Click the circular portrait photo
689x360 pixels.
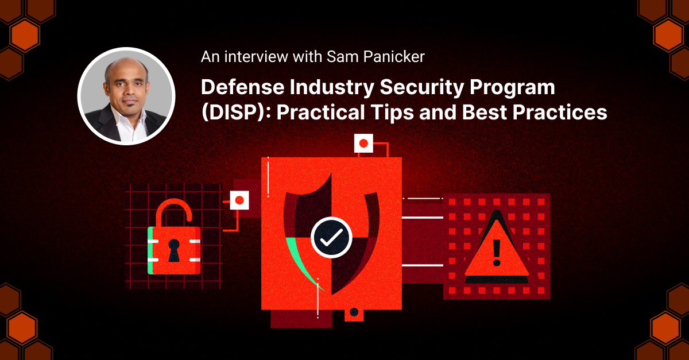pos(126,95)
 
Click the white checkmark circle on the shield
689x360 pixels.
pos(331,237)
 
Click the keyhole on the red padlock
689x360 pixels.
pos(173,249)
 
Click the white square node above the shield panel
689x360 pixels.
pos(363,143)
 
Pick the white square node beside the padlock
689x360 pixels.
pos(239,200)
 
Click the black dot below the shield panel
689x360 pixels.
pos(354,312)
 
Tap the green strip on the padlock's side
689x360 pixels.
pos(150,250)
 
